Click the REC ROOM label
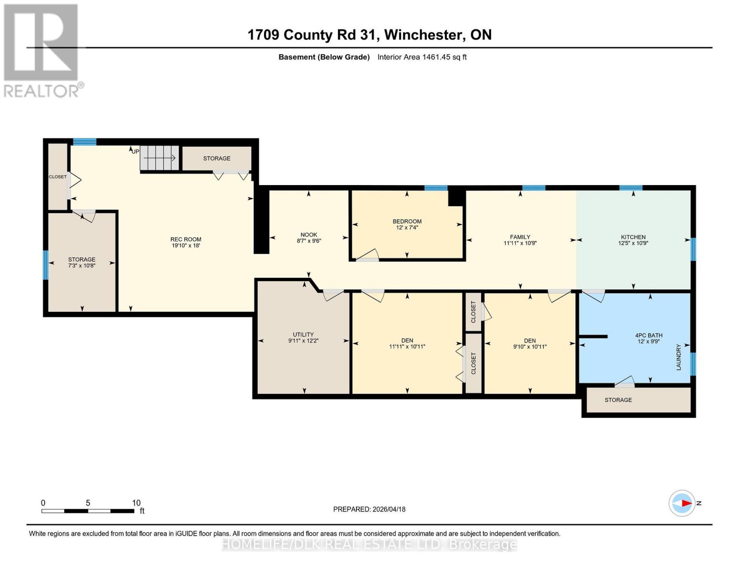(x=186, y=239)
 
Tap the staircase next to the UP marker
(x=159, y=157)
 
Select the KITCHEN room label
(x=633, y=237)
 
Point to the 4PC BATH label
(x=649, y=335)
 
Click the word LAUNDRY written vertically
(x=679, y=357)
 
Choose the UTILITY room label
(x=303, y=335)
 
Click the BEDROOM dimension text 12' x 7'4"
(x=407, y=227)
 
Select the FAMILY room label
(x=520, y=237)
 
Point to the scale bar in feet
(x=88, y=511)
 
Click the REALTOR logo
(x=41, y=50)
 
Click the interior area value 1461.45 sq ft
(x=444, y=57)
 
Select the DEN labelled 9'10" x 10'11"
(x=530, y=341)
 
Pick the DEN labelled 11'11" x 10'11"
(x=407, y=341)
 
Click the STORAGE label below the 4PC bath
(x=618, y=400)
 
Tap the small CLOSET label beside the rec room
(x=58, y=177)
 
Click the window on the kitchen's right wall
(x=693, y=249)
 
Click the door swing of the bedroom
(x=369, y=255)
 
